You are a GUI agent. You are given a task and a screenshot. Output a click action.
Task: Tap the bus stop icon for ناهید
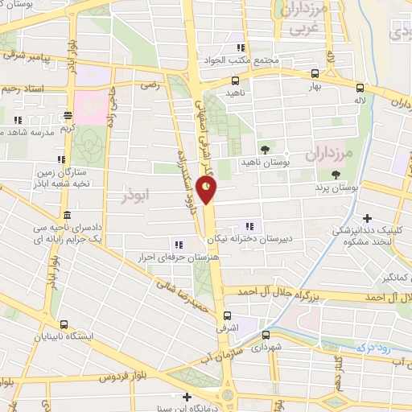[x=235, y=80]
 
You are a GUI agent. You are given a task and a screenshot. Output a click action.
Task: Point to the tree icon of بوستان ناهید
[x=265, y=150]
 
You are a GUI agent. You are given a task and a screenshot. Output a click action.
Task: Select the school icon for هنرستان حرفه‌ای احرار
[x=179, y=245]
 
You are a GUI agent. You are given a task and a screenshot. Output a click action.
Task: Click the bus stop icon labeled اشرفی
[x=228, y=315]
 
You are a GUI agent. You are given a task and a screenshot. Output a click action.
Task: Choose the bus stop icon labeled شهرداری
[x=266, y=336]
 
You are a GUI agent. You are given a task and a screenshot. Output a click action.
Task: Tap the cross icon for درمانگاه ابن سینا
[x=187, y=396]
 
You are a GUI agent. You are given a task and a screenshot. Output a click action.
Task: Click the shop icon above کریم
[x=68, y=114]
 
